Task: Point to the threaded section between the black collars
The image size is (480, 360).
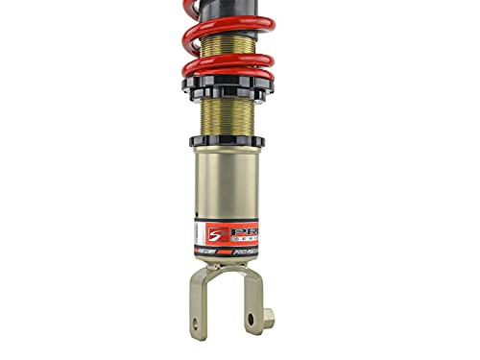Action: (227, 115)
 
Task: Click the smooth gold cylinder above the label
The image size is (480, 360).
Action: (227, 182)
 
